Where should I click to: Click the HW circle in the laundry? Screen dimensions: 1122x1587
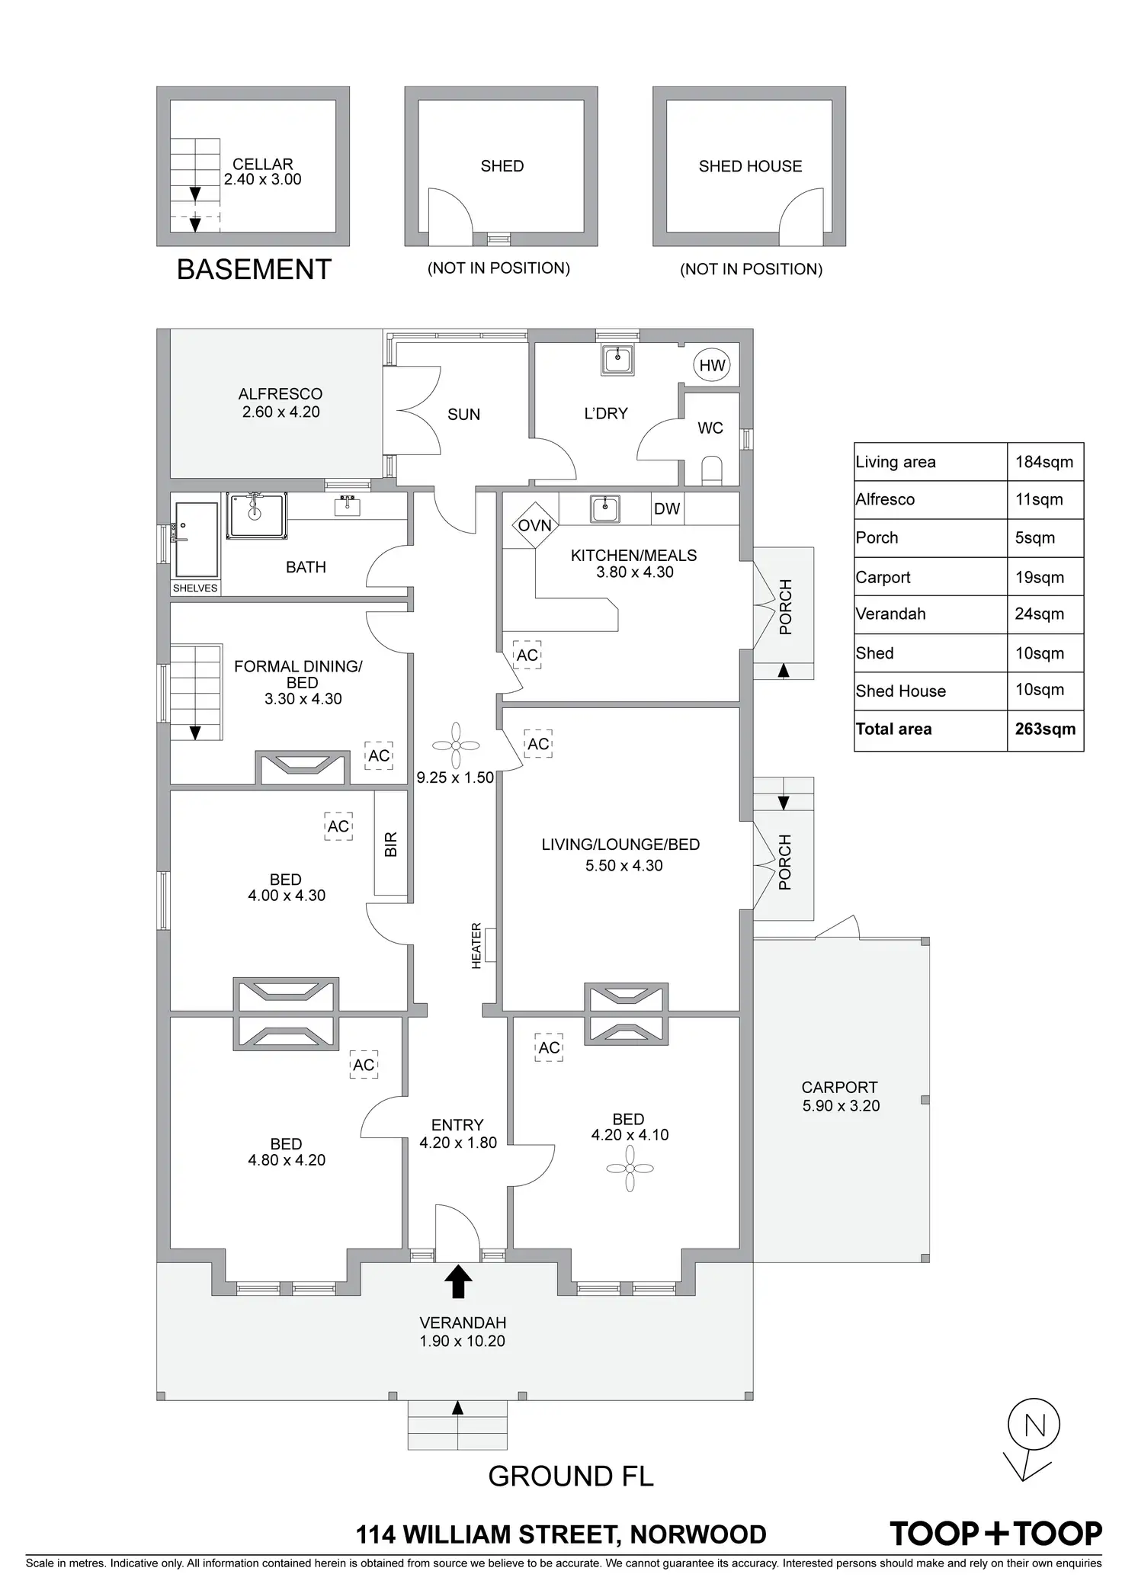coord(712,366)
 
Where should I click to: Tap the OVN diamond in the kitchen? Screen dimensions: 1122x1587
coord(535,525)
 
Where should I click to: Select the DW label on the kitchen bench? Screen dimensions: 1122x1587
coord(667,509)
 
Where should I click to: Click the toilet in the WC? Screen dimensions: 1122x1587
coord(711,470)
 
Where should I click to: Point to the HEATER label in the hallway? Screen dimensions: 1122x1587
coord(477,946)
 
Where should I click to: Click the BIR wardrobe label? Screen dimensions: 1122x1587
coord(391,843)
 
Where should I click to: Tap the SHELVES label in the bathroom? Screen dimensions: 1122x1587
coord(195,588)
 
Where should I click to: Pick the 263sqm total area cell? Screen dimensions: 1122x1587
coord(1045,729)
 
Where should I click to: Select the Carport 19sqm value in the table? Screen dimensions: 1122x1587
coord(1040,577)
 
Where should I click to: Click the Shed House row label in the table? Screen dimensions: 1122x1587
coord(900,691)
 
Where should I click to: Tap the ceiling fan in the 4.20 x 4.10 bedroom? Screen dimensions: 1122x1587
coord(630,1169)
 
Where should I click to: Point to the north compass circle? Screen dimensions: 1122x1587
coord(1034,1425)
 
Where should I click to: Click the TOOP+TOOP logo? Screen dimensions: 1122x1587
coord(995,1534)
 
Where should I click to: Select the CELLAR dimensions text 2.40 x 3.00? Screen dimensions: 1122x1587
coord(263,180)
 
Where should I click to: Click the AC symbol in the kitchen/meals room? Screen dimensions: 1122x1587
coord(527,655)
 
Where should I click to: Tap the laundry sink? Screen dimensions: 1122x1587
coord(617,359)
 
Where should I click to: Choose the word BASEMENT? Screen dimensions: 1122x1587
coord(254,270)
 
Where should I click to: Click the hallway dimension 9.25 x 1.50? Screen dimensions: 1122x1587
coord(455,778)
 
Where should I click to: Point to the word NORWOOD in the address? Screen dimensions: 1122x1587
coord(698,1534)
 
